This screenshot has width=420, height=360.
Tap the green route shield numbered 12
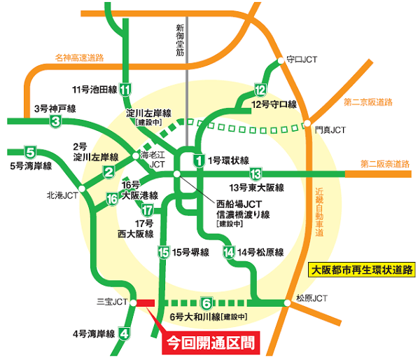[260, 90]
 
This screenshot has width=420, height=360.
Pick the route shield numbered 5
[30, 152]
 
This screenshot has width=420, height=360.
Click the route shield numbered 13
[255, 174]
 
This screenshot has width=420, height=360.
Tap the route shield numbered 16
[112, 200]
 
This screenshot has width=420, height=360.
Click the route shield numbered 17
[147, 211]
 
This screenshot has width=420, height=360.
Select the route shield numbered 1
[199, 160]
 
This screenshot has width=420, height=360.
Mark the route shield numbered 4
[125, 333]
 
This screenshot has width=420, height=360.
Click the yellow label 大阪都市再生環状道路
[363, 268]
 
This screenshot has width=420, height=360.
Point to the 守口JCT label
[303, 60]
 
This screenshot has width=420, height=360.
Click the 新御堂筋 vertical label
[181, 39]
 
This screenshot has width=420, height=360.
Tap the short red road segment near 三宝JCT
[145, 303]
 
